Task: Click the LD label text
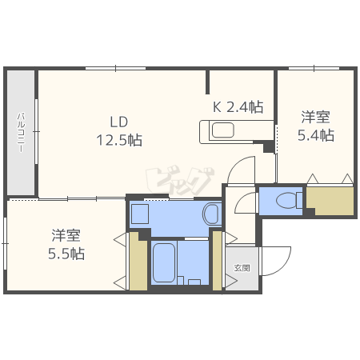tap(119, 122)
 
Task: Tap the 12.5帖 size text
tap(119, 140)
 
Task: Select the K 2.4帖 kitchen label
tap(238, 106)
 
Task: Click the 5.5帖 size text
tap(66, 254)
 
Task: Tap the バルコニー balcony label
tap(22, 133)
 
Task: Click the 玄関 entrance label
tap(241, 268)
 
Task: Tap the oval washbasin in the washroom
tap(210, 214)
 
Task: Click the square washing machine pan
tap(140, 214)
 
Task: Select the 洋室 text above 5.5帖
tap(66, 235)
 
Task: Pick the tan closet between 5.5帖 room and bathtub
tap(138, 262)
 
